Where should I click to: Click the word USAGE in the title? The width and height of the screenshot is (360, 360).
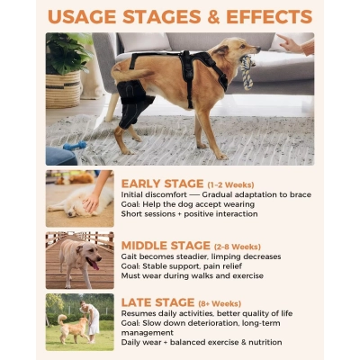pyautogui.click(x=86, y=17)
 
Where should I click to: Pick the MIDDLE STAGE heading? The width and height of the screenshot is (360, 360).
pyautogui.click(x=166, y=246)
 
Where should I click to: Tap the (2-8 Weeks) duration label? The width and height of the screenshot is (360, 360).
pyautogui.click(x=238, y=247)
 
